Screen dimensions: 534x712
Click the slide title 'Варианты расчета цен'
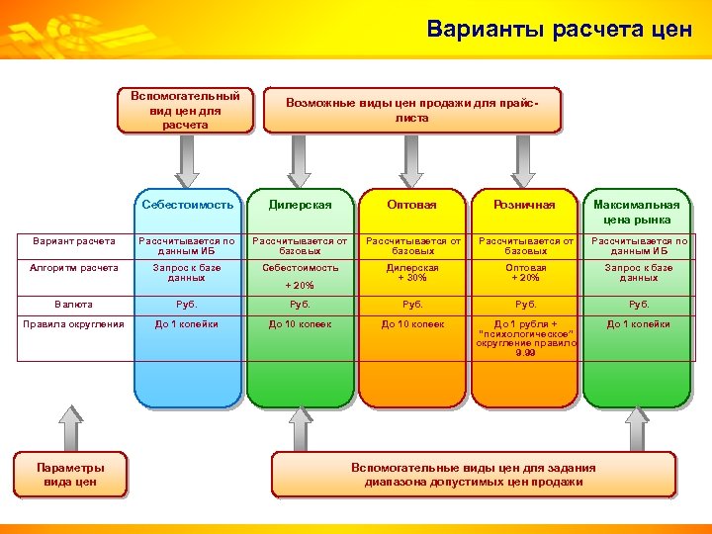click(559, 29)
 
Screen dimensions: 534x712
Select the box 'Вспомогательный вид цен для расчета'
click(185, 110)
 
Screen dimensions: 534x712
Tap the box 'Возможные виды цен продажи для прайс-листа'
click(411, 110)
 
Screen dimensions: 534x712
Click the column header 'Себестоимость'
click(187, 205)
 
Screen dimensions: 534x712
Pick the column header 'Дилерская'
click(300, 205)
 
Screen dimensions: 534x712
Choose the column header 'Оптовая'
click(412, 205)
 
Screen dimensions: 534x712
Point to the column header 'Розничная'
click(525, 205)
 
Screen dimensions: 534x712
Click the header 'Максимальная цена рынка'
click(638, 212)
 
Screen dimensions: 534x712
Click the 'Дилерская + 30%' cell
click(412, 273)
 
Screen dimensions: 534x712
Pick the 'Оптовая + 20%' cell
click(525, 273)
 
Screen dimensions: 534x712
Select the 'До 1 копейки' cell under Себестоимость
click(187, 324)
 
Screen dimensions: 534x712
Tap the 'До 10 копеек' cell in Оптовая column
click(412, 324)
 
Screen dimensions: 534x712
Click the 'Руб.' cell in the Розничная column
click(525, 305)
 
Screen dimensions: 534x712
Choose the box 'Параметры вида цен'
click(70, 474)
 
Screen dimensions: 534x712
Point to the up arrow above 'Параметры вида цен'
click(70, 425)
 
